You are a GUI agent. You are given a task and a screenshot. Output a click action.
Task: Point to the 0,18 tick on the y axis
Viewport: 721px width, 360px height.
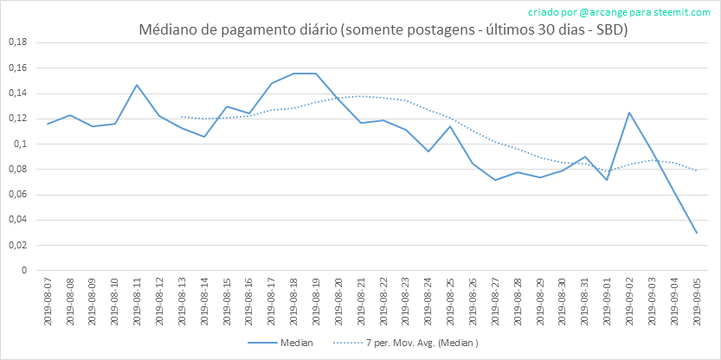[x=17, y=42]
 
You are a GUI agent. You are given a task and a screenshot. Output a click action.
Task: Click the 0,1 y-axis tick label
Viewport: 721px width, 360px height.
[x=20, y=144]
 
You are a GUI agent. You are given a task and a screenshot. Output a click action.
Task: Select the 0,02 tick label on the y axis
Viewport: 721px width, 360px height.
[x=17, y=245]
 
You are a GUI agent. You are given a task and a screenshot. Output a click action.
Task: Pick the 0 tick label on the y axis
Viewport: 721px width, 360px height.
[x=24, y=270]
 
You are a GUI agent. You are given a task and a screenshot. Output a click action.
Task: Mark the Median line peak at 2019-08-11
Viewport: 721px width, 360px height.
[x=137, y=85]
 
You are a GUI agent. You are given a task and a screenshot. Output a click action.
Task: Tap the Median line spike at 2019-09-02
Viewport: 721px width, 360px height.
[x=629, y=112]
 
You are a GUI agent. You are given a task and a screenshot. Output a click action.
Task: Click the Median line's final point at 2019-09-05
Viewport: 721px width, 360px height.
[x=697, y=233]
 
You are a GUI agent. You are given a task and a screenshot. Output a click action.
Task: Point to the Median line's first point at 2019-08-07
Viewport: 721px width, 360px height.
[x=48, y=124]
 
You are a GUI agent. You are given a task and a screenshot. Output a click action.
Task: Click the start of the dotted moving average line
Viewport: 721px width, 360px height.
[x=182, y=117]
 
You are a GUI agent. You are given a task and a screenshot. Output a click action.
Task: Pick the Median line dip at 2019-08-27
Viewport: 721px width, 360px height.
[x=495, y=180]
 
